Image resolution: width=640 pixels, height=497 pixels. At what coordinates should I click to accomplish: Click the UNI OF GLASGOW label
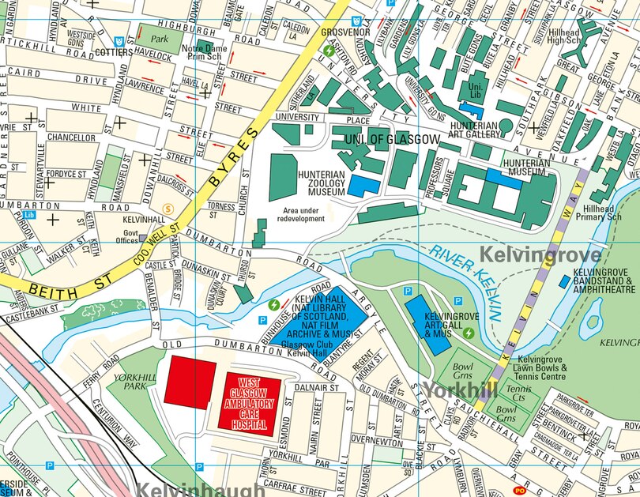click(x=392, y=140)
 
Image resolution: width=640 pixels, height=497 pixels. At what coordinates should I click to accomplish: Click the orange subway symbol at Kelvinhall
click(x=167, y=209)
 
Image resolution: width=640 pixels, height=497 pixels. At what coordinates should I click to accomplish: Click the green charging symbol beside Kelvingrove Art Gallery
click(x=469, y=333)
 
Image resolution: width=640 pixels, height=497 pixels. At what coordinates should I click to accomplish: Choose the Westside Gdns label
click(x=81, y=40)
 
